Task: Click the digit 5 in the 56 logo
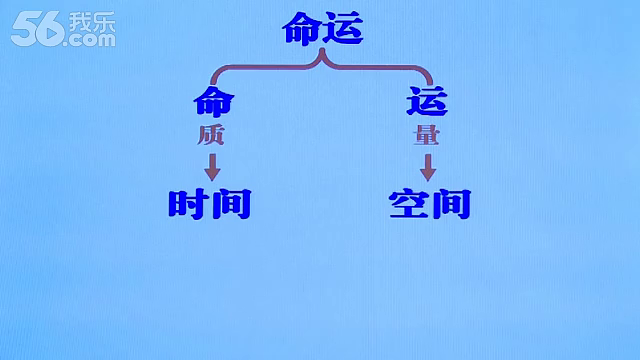(x=24, y=29)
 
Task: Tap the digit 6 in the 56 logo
(x=50, y=29)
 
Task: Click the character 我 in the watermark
(x=80, y=22)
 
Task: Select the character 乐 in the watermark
(x=104, y=22)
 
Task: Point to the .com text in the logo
(x=91, y=40)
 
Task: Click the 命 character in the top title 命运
(x=302, y=28)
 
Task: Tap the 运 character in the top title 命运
(x=344, y=28)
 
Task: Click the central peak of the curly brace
(x=322, y=50)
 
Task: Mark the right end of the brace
(x=430, y=84)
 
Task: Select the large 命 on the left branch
(x=214, y=101)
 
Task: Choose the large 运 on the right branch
(x=427, y=101)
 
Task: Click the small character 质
(x=211, y=135)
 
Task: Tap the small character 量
(x=426, y=135)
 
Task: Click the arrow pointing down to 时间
(x=212, y=167)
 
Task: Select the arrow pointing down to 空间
(x=428, y=167)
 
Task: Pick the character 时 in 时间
(x=189, y=204)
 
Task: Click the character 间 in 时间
(x=231, y=204)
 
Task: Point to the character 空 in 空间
(x=409, y=204)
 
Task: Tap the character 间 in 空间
(x=452, y=204)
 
